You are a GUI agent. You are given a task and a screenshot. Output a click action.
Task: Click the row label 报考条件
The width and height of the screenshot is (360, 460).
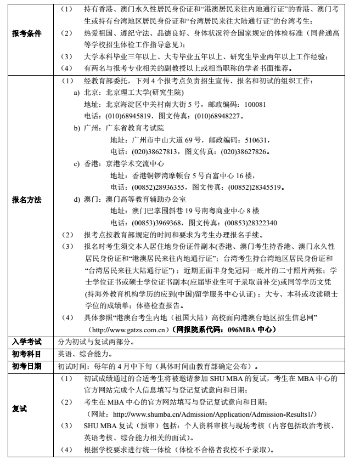27,33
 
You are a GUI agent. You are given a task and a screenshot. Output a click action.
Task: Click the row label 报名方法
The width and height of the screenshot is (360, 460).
27,200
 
